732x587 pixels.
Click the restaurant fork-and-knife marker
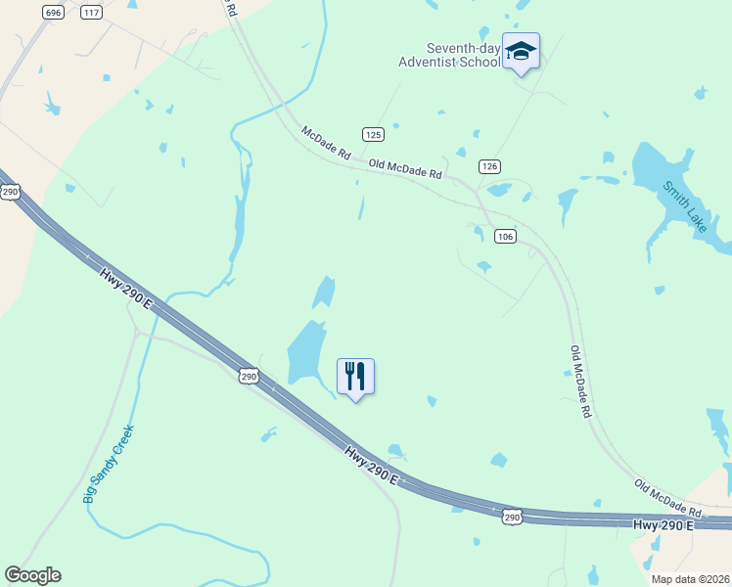tap(356, 377)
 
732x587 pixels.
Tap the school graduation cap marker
tap(521, 52)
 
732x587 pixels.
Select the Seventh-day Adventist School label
tap(462, 56)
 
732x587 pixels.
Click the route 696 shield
tap(54, 12)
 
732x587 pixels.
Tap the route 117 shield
tap(91, 12)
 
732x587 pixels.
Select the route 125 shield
tap(373, 134)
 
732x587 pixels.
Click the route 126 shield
tap(490, 166)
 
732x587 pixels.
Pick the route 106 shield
tap(505, 237)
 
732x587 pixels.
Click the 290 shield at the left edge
tap(10, 192)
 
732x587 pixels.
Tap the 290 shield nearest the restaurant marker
tap(249, 375)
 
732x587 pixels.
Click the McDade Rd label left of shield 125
tap(326, 143)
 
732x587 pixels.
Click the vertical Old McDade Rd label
tap(580, 382)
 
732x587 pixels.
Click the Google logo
tap(32, 575)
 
